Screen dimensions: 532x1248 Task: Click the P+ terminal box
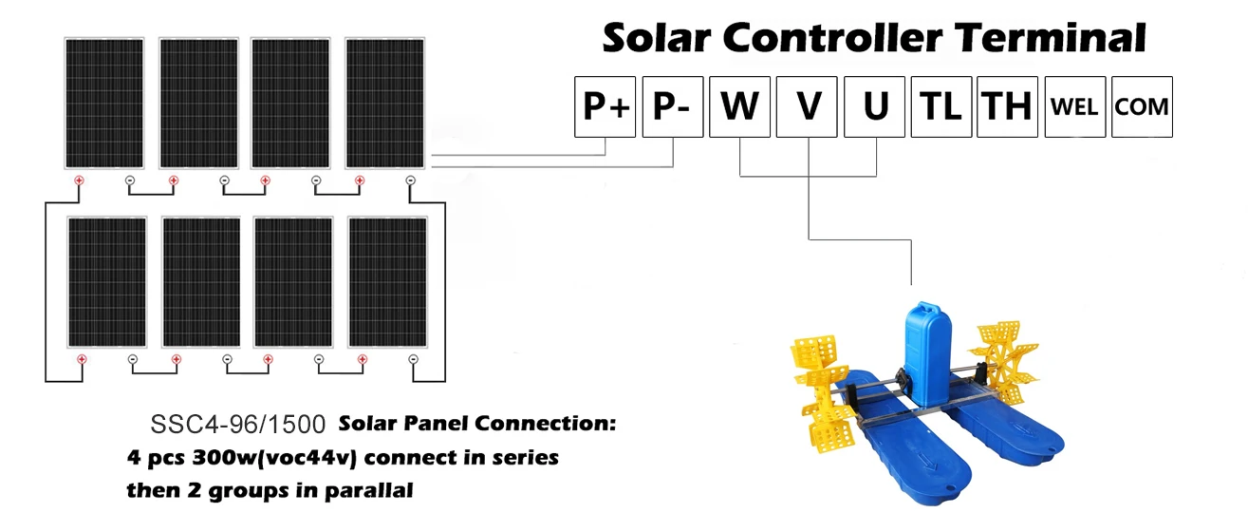tap(605, 106)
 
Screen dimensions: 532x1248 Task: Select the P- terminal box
tap(673, 106)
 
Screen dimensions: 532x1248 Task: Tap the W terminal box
tap(739, 106)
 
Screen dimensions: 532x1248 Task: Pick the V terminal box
tap(807, 106)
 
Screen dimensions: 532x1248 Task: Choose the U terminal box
tap(874, 106)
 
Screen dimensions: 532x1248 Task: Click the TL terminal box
tap(941, 106)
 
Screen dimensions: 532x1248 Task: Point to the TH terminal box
tap(1007, 106)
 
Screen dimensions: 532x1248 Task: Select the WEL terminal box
tap(1074, 106)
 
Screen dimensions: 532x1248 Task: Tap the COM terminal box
tap(1142, 106)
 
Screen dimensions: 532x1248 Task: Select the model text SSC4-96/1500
tap(238, 424)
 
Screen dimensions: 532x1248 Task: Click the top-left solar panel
tap(103, 103)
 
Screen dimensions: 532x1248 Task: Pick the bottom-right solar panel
tap(387, 281)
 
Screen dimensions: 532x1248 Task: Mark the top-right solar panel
tap(384, 103)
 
